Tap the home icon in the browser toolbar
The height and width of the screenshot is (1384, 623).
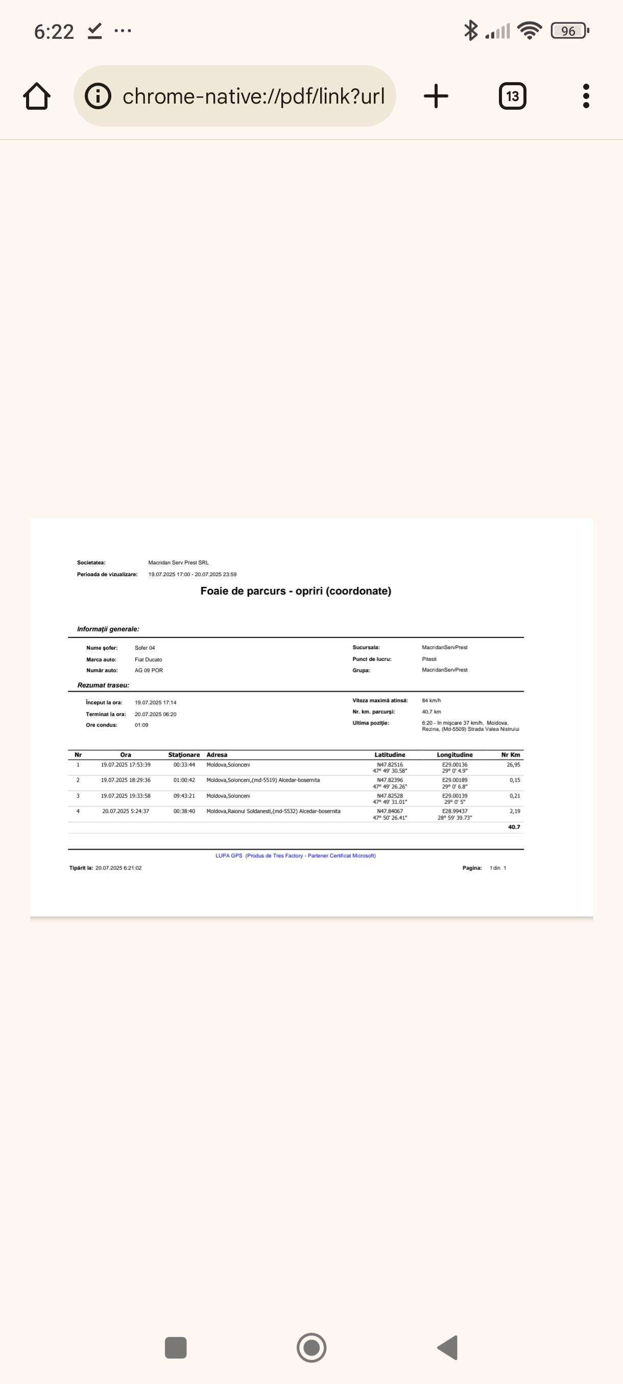(x=37, y=96)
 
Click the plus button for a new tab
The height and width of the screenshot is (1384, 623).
(x=436, y=96)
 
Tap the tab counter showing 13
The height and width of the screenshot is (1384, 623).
(x=512, y=96)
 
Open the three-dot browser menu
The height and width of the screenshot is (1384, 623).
(x=586, y=96)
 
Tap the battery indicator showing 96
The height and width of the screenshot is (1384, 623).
(x=569, y=31)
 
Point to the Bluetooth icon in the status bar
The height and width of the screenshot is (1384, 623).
(x=470, y=31)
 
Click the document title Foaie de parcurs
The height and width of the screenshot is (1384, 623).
(x=296, y=591)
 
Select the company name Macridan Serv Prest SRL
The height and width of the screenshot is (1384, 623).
(x=178, y=562)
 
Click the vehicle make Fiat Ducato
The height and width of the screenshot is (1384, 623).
(x=149, y=659)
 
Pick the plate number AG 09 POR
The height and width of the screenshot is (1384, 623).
(x=149, y=671)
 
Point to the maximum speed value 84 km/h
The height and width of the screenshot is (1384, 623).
(x=431, y=701)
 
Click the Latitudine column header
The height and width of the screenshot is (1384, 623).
(x=390, y=755)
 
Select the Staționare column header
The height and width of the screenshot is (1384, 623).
(x=184, y=755)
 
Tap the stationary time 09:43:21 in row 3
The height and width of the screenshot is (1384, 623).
(x=184, y=796)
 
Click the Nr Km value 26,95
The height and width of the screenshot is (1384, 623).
(x=513, y=764)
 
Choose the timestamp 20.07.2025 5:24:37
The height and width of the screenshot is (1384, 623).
(x=126, y=811)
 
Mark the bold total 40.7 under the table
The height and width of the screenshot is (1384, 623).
(x=514, y=827)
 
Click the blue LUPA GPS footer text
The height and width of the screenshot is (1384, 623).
(x=296, y=855)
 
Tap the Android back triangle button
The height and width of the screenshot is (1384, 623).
(x=448, y=1347)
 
